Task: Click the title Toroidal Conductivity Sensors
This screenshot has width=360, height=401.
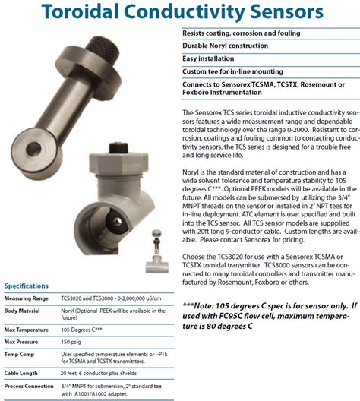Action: point(180,13)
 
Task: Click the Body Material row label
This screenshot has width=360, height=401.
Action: point(22,311)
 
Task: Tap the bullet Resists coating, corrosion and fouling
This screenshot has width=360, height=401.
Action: point(242,34)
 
